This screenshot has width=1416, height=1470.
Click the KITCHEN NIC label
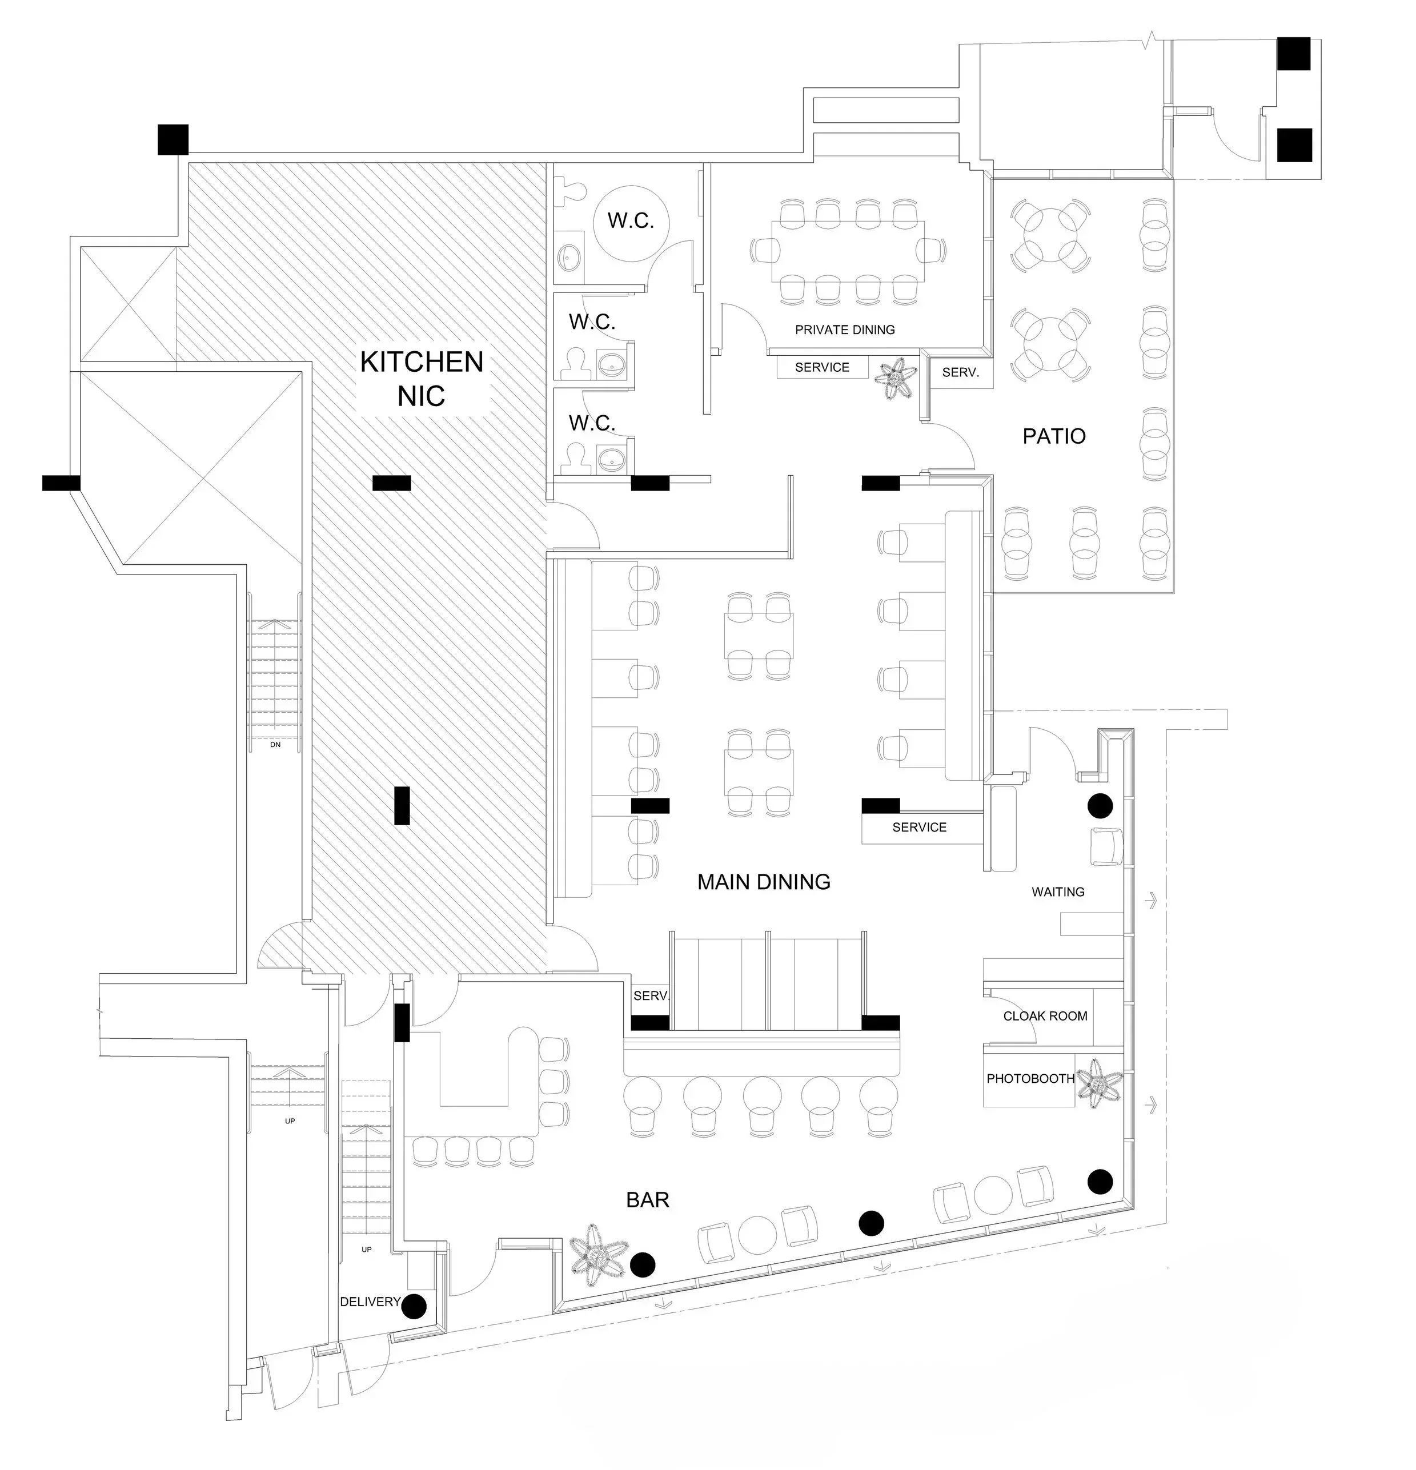pos(422,379)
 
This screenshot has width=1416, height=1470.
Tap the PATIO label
pos(1054,436)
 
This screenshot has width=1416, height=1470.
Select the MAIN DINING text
pos(764,882)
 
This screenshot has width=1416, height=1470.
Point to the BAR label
pos(647,1200)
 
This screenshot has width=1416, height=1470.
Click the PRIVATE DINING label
pos(844,330)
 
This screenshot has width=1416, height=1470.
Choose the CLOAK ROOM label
pos(1045,1016)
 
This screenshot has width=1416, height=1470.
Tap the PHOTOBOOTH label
pos(1030,1078)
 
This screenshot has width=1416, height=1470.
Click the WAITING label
pos(1057,891)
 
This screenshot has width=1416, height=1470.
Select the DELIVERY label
pos(370,1302)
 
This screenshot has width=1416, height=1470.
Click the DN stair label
pos(275,745)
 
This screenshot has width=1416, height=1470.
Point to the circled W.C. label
pos(631,221)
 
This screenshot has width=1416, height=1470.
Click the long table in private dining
pos(848,251)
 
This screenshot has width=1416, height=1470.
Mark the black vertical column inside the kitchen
pos(402,805)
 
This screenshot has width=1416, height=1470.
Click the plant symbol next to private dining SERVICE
pos(894,379)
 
